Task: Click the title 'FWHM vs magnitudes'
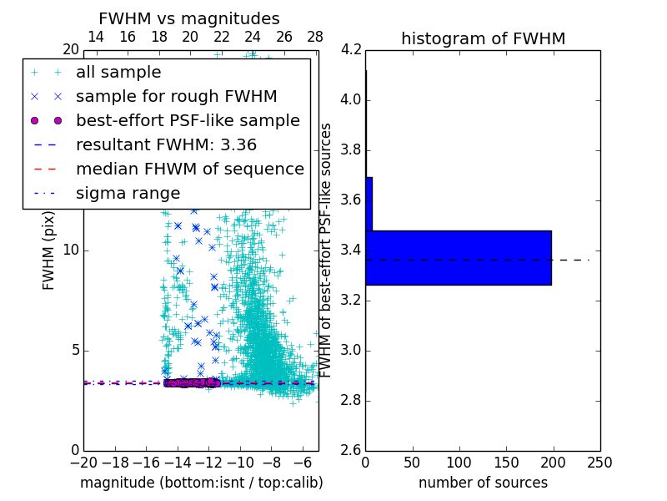[189, 18]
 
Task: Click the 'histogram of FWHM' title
[483, 38]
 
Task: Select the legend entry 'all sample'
[118, 73]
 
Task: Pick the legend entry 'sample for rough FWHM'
[176, 97]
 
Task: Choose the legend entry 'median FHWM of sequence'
[189, 169]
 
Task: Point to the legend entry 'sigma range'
[128, 193]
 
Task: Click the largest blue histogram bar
[458, 258]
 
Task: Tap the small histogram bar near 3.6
[369, 204]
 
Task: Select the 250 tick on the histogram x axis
[599, 462]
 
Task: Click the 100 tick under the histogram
[459, 462]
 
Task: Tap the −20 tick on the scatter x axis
[83, 462]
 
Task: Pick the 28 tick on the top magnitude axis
[315, 37]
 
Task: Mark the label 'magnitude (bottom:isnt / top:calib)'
[201, 483]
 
